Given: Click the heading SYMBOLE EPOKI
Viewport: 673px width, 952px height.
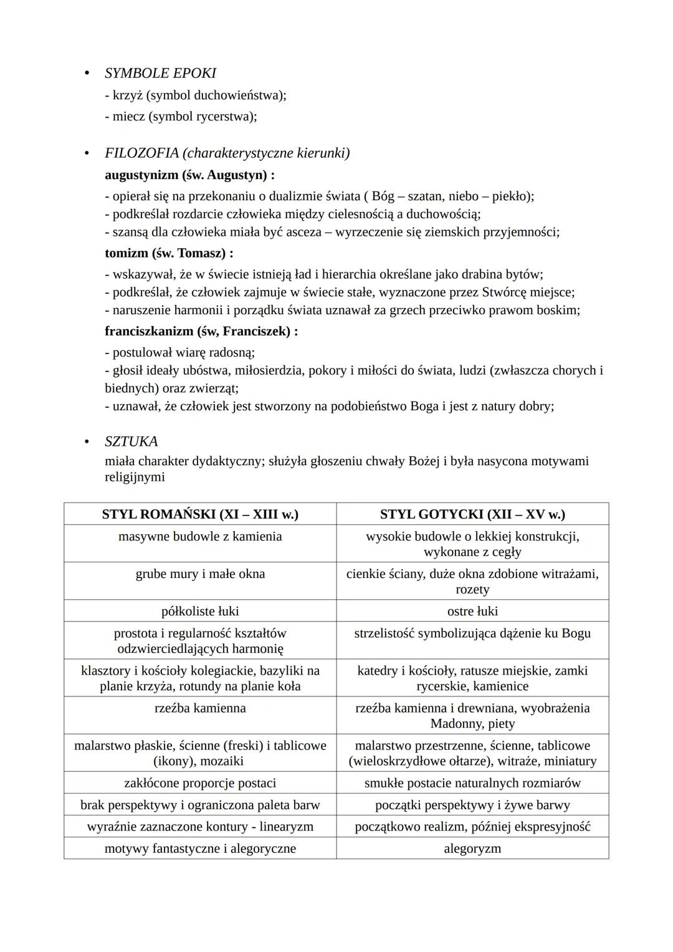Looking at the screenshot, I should (160, 73).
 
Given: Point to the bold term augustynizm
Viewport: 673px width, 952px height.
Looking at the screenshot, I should (141, 175).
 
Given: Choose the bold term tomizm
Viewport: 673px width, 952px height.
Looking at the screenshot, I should (127, 253).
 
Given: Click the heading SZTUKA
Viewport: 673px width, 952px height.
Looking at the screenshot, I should (131, 441).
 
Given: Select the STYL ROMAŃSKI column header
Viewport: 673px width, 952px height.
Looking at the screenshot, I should (200, 514).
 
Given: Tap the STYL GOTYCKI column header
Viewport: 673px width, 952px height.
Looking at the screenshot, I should (472, 514).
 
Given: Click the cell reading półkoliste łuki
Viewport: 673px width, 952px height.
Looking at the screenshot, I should (200, 611).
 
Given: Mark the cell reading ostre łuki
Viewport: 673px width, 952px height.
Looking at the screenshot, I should (472, 611).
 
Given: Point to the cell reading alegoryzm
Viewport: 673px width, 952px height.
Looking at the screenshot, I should (472, 849).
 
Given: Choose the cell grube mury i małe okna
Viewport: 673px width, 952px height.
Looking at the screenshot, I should (200, 574).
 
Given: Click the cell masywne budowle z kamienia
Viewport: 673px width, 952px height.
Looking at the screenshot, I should (200, 536).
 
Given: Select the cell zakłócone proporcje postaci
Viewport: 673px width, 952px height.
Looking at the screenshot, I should (200, 783).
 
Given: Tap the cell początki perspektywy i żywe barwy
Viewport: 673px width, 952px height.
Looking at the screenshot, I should (472, 805).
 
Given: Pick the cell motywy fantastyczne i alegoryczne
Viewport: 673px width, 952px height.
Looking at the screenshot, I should (200, 849).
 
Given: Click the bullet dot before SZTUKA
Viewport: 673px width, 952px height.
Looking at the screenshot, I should (87, 442).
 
